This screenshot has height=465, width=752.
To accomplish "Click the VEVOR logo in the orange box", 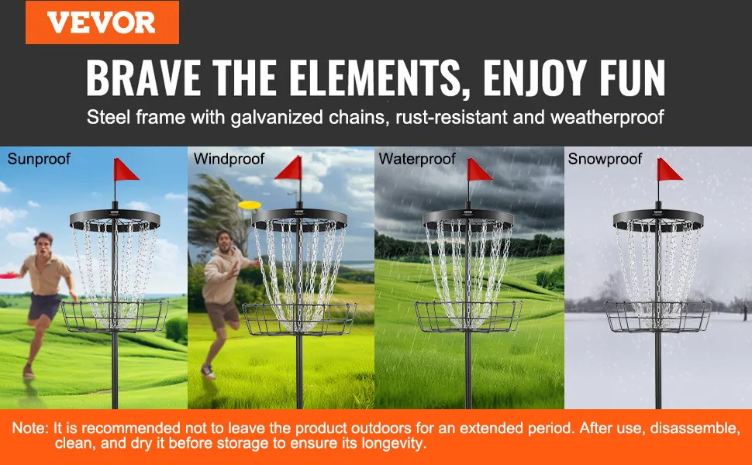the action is tap(102, 22).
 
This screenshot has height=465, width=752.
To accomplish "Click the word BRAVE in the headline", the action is tap(143, 78).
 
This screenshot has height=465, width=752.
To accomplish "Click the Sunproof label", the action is tap(39, 159).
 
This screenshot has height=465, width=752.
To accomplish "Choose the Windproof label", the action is tap(229, 159).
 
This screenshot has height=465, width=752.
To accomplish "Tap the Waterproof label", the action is tap(417, 159).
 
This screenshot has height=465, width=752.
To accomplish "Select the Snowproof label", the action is tap(605, 159).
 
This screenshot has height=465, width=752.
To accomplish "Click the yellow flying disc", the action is tap(250, 205).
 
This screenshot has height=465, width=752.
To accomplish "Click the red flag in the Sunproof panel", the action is tap(126, 170).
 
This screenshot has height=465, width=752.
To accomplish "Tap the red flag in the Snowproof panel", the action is tap(669, 170).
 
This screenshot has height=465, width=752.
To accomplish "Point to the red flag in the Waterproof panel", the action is tap(479, 170).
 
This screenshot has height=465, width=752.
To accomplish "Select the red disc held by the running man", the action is tap(9, 276).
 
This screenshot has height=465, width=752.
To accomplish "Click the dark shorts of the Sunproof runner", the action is tap(43, 306).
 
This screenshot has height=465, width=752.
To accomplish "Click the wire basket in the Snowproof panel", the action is tap(658, 316).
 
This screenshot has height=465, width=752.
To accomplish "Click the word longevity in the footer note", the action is tap(393, 443).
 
